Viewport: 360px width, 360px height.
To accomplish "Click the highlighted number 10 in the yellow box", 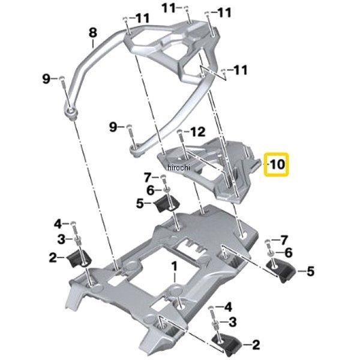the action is point(277,164).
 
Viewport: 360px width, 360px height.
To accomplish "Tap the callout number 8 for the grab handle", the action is point(92,33).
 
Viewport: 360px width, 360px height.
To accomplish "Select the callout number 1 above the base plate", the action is point(174,266).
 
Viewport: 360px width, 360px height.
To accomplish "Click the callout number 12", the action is point(197,132).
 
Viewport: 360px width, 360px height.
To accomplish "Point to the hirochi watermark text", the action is point(179,167).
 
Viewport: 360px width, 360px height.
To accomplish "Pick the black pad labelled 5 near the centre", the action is point(167,203).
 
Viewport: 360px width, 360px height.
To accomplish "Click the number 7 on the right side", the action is point(284,241).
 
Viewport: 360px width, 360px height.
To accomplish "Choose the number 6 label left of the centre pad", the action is point(151,190).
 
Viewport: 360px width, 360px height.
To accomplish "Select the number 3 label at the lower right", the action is point(233,322).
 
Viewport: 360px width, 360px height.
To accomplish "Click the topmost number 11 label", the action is point(169,8).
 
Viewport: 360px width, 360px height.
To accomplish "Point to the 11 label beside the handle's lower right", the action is point(241,70).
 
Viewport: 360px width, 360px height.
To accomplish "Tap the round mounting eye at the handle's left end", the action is point(71,113).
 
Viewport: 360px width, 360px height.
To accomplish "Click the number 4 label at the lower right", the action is point(228,307).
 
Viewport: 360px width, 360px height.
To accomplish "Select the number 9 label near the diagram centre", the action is point(113,127).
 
